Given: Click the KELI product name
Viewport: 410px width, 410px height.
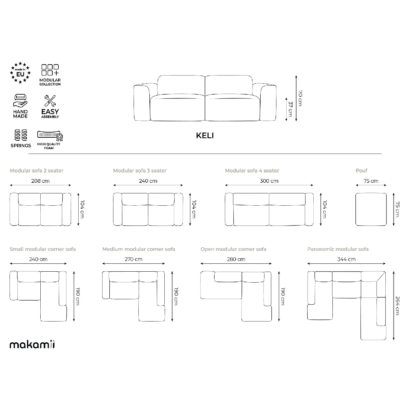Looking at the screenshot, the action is click(x=205, y=136).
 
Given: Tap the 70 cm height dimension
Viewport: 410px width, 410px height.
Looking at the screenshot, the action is click(x=300, y=98).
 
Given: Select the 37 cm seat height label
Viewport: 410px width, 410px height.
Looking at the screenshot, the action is click(x=290, y=109).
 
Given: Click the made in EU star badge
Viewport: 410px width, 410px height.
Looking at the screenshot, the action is click(x=20, y=73).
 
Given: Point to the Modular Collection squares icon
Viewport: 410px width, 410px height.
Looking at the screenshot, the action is click(x=50, y=70).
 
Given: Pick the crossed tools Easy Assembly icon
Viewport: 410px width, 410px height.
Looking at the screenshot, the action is click(x=50, y=101).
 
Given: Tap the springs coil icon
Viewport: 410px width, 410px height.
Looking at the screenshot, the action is click(x=21, y=135).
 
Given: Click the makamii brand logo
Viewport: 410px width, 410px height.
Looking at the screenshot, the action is click(x=32, y=344).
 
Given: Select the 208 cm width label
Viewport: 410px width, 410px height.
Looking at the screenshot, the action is click(x=40, y=181).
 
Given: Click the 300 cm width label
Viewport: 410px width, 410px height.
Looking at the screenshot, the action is click(x=269, y=181).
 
